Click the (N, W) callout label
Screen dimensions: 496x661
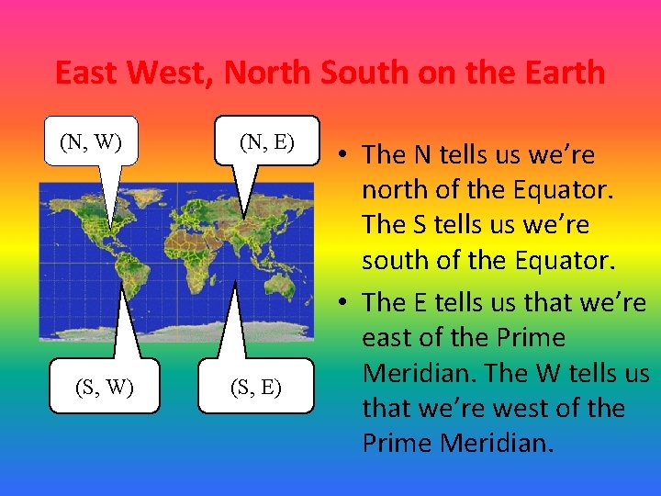[91, 142]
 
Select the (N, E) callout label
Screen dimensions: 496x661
[267, 141]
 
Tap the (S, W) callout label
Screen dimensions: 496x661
[104, 388]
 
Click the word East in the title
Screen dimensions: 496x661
[90, 72]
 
